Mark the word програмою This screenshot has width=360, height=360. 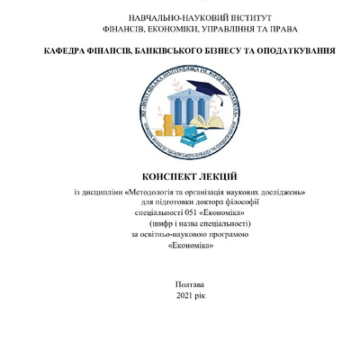click(223, 234)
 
